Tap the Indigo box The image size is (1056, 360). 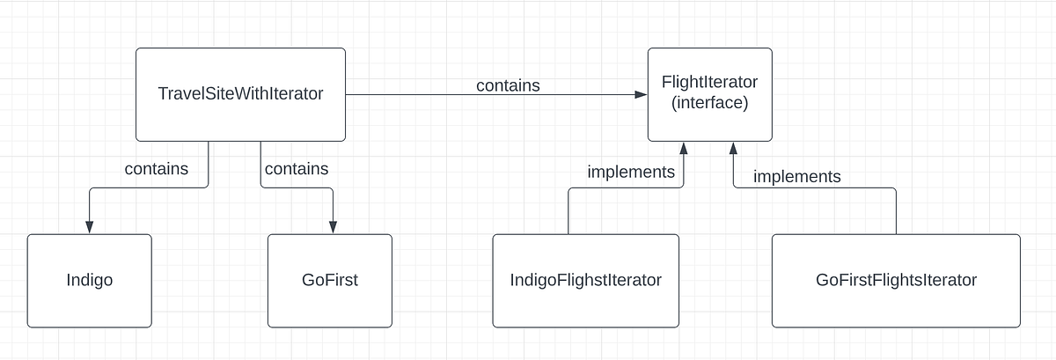click(x=89, y=281)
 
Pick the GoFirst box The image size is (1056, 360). click(x=330, y=281)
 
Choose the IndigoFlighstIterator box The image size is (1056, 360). click(x=585, y=281)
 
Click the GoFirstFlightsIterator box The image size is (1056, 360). click(x=896, y=281)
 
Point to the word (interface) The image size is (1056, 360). click(x=709, y=103)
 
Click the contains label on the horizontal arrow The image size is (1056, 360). click(x=508, y=85)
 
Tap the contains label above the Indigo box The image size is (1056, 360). click(x=156, y=168)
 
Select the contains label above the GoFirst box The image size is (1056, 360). click(x=297, y=168)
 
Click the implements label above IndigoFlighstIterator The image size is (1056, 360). click(x=631, y=172)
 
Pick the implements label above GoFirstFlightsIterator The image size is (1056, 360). click(x=796, y=177)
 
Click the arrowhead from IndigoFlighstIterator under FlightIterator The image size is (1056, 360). click(x=683, y=148)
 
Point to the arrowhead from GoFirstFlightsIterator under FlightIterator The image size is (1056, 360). click(x=734, y=148)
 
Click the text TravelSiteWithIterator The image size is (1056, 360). click(x=240, y=93)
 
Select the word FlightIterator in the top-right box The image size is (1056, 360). click(x=709, y=83)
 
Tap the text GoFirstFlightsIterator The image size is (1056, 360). click(x=896, y=281)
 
